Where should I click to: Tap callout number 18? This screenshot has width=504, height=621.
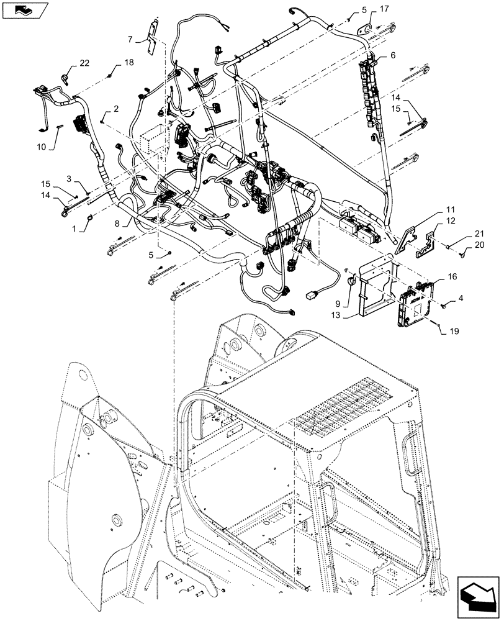point(128,62)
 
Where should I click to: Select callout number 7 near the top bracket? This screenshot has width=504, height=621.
point(130,39)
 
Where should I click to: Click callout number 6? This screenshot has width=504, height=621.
point(392,55)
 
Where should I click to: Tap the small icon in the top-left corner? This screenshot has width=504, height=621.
point(25,10)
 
